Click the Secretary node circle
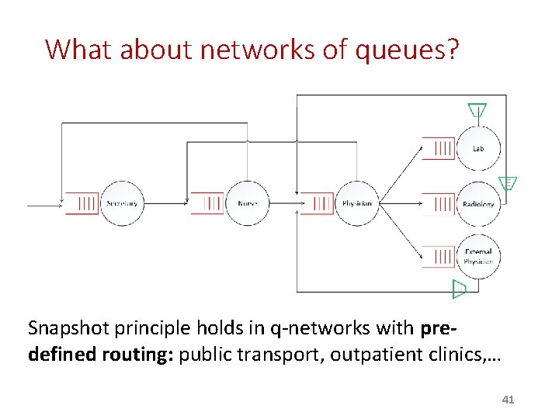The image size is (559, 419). (121, 203)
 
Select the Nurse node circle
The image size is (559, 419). (247, 203)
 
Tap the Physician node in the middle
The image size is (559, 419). (357, 203)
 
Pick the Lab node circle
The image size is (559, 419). (478, 147)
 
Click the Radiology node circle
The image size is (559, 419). (478, 204)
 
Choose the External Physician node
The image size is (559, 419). (478, 257)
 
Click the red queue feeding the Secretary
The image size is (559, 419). (82, 203)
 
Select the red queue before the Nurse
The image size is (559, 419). (207, 203)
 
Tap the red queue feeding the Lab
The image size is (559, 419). (439, 147)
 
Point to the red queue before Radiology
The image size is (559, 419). (439, 204)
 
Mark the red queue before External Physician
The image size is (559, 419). (439, 257)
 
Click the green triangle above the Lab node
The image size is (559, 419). (477, 111)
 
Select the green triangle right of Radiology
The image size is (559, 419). (508, 184)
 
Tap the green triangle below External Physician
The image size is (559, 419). (459, 289)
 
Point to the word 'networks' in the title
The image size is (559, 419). (238, 50)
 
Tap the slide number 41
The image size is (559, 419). (509, 400)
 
